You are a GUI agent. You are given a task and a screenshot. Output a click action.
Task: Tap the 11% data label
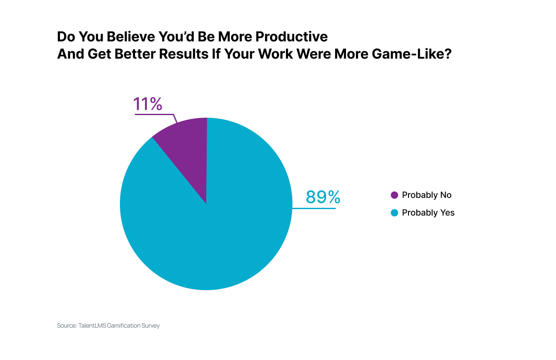148,104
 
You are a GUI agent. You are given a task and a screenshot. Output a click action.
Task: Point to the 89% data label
323,197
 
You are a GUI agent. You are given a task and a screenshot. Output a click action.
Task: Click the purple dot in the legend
394,195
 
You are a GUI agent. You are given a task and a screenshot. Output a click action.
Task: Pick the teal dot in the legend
394,213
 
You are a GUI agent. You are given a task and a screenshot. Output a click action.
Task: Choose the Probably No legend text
427,195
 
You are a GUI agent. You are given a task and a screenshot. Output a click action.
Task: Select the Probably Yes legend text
428,213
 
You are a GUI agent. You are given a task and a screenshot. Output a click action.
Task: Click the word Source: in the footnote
66,326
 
